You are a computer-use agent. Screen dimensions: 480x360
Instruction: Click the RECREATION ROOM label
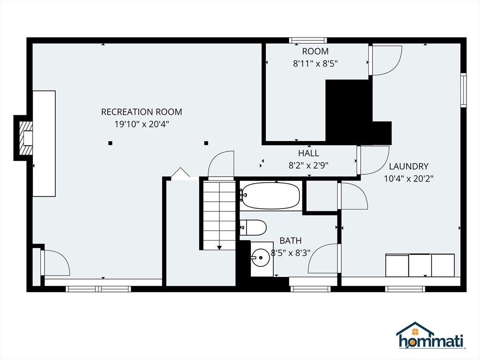coord(142,112)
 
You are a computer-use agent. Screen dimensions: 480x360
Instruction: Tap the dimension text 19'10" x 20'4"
coord(142,124)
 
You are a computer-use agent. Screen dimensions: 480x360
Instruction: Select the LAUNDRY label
coord(409,166)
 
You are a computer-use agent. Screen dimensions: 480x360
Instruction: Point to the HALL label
coord(308,153)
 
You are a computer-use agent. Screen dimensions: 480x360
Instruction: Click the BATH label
coord(291,240)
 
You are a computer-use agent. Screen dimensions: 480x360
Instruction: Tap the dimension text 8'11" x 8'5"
coord(315,64)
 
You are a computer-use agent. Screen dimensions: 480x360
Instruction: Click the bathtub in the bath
coord(270,196)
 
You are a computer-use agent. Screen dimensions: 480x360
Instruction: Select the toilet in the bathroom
coord(253,227)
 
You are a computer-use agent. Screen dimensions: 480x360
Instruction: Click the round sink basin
coord(261,258)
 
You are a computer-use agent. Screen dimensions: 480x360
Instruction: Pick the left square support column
coord(110,143)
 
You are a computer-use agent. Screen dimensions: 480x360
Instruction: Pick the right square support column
coord(206,143)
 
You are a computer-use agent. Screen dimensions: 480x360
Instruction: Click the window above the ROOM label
coord(308,40)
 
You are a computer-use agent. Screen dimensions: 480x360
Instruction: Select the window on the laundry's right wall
coord(464,90)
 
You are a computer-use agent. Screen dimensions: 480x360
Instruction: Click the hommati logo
coord(431,336)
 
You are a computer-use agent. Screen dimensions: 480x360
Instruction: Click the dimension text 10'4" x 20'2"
coord(409,179)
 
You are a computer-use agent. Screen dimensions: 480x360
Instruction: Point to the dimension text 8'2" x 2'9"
coord(308,165)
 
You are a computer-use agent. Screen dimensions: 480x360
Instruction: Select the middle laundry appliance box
coord(420,265)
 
